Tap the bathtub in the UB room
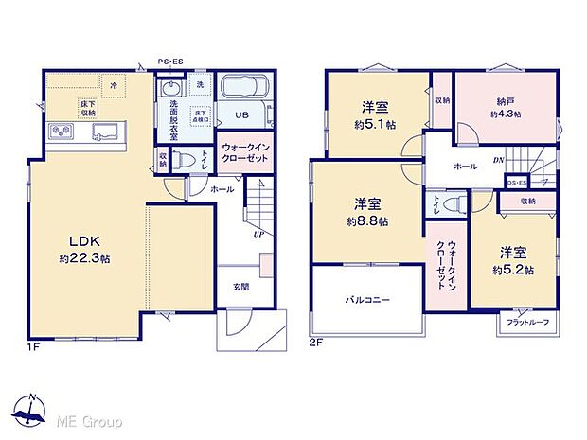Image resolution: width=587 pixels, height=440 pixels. (x=245, y=94)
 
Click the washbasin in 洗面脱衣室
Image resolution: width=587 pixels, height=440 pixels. (x=170, y=90)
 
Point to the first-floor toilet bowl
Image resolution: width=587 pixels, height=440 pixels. (x=186, y=160)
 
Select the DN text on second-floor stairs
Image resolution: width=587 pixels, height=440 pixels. (x=498, y=162)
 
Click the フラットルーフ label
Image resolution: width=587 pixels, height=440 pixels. (x=527, y=324)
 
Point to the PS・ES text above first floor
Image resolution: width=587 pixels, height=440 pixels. (x=170, y=62)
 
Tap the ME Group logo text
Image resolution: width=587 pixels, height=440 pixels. (x=89, y=420)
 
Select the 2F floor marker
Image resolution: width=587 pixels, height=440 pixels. (x=318, y=344)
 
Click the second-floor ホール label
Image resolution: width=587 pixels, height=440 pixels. (x=465, y=166)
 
